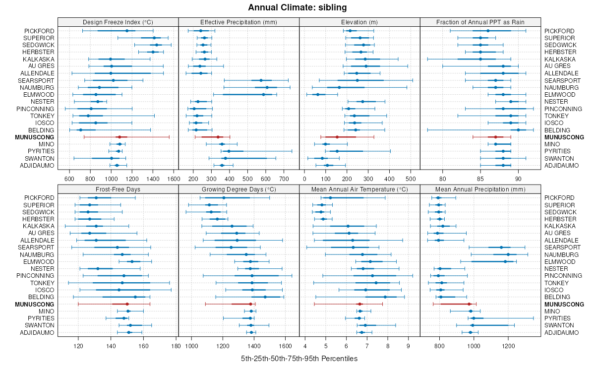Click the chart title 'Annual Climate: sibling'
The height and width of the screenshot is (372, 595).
coord(297,7)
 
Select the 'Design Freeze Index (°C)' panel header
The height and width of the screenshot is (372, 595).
coord(118,22)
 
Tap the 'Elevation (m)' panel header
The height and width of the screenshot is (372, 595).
coord(359,22)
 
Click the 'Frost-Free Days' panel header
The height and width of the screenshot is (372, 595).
coord(118,189)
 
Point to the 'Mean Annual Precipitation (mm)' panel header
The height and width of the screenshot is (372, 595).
coord(480,189)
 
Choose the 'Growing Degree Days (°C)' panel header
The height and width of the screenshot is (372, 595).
coord(238,189)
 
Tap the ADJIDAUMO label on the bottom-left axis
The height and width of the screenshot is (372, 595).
coord(37,332)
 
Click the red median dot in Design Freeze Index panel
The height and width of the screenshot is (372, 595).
coord(119,137)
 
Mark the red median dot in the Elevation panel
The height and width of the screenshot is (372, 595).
coord(337,137)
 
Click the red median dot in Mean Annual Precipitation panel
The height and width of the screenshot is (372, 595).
coord(469,304)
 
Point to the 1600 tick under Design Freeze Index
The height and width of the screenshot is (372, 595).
coord(174,179)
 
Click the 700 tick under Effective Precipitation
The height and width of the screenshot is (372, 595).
coord(284,179)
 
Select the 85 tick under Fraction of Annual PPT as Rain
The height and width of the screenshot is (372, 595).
coord(480,179)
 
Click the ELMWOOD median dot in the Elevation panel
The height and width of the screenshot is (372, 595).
coord(318,94)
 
